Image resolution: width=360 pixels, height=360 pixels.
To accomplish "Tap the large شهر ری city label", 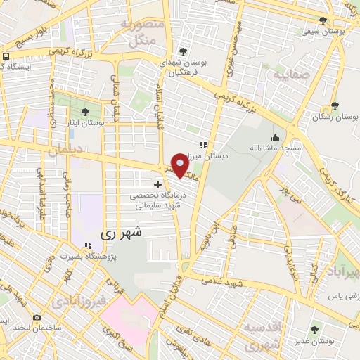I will pyautogui.click(x=122, y=231).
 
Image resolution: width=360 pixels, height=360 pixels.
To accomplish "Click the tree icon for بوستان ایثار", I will pyautogui.click(x=85, y=111).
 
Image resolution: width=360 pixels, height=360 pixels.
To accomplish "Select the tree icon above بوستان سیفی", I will pyautogui.click(x=323, y=20).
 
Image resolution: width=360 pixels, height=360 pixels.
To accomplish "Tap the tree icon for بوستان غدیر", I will pyautogui.click(x=314, y=330).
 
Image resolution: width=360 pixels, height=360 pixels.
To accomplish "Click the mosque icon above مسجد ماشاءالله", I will pyautogui.click(x=274, y=138).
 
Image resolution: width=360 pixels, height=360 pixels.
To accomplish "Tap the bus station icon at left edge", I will pyautogui.click(x=6, y=56).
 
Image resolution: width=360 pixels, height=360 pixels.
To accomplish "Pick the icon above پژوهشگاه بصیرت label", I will pyautogui.click(x=88, y=245).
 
